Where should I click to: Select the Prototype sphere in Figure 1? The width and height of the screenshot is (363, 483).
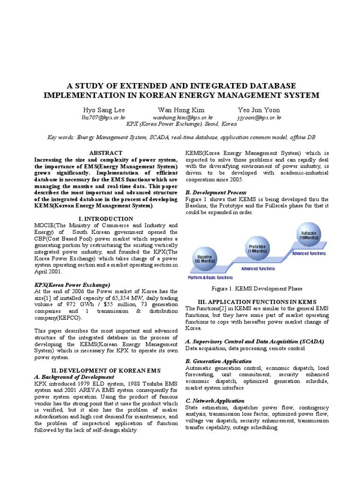tap(257, 248)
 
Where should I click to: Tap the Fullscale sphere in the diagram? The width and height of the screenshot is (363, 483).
tap(309, 235)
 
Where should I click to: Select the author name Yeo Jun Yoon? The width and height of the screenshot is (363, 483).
tap(259, 110)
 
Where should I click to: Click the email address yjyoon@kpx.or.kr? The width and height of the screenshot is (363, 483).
tap(259, 117)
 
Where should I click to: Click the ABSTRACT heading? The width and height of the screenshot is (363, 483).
tap(106, 153)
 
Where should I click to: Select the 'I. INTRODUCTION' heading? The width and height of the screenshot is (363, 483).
tap(106, 219)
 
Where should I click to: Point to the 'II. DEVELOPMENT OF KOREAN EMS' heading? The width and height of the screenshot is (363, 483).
tap(106, 370)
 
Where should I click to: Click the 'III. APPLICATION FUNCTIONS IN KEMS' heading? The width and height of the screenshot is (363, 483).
tap(257, 301)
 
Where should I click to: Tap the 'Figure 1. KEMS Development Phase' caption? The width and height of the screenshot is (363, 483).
tap(257, 289)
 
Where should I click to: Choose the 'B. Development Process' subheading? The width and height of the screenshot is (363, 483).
tap(216, 192)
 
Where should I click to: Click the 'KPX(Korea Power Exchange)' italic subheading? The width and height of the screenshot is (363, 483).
tap(72, 285)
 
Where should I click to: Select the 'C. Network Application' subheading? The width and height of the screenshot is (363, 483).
tap(215, 400)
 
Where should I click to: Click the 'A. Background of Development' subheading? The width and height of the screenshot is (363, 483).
tap(74, 377)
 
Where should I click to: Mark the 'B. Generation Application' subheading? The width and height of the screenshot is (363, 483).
tap(218, 361)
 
